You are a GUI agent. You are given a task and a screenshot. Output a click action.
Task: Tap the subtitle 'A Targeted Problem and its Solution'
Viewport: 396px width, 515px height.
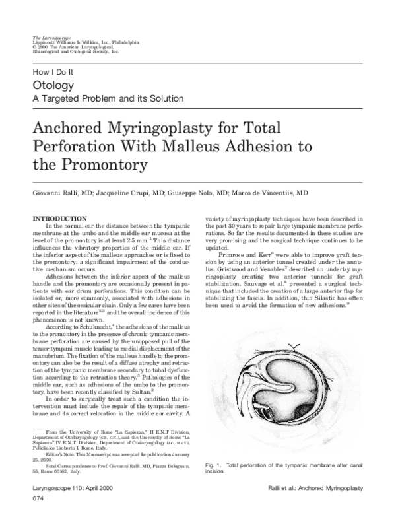click(x=108, y=99)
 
